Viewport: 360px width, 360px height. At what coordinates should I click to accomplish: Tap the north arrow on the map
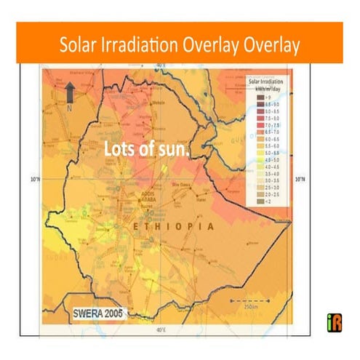click(71, 90)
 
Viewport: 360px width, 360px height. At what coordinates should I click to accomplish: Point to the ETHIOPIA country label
click(172, 226)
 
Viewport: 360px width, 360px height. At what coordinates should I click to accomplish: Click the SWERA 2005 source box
click(100, 313)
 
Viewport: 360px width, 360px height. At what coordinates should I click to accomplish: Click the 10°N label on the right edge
click(300, 178)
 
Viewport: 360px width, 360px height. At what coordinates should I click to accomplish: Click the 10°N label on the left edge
click(34, 178)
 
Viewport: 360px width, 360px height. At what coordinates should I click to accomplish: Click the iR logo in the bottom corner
click(334, 319)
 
